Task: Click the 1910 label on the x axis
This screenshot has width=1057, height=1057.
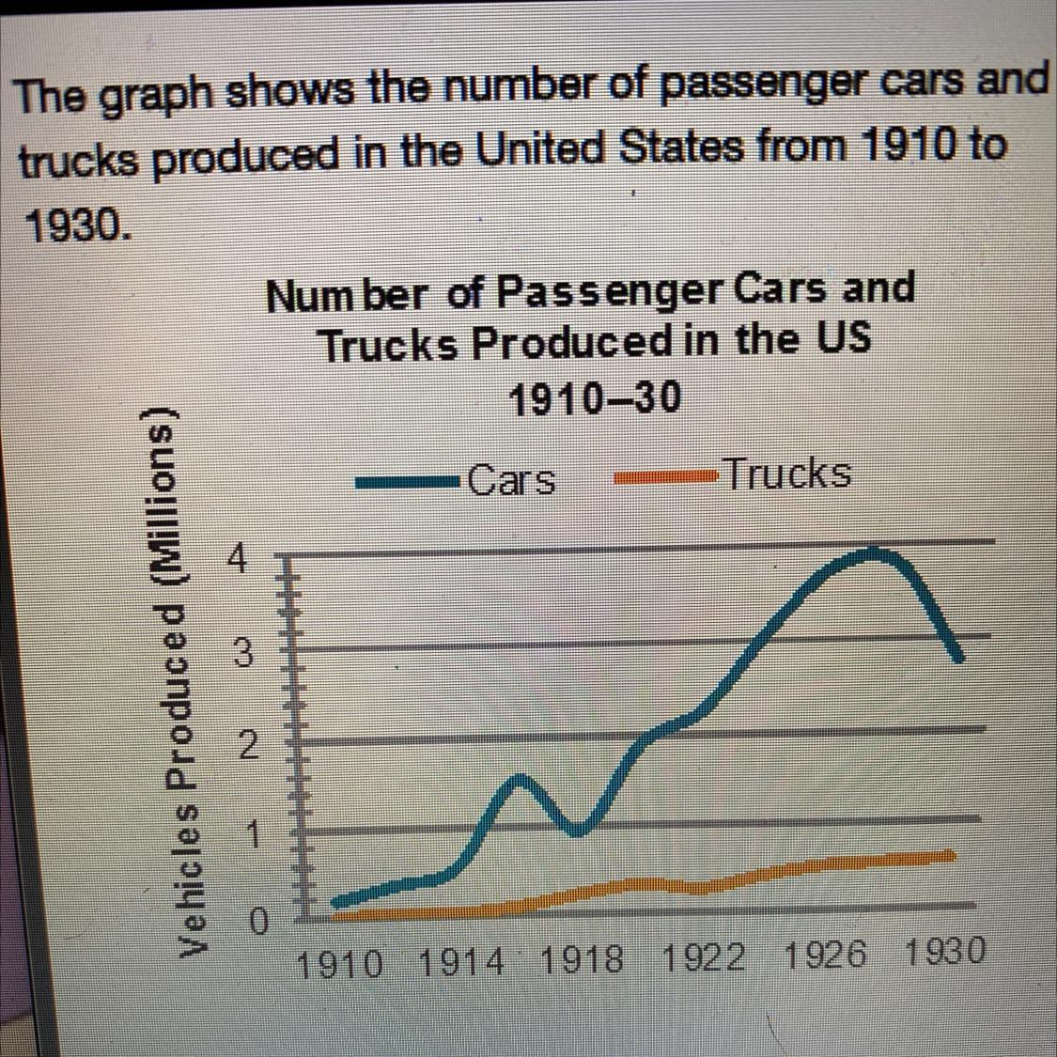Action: (x=339, y=964)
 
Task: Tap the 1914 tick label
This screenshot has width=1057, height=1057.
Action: (x=461, y=962)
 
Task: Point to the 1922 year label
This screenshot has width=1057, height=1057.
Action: (x=703, y=958)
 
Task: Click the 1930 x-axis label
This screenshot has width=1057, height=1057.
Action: (x=944, y=953)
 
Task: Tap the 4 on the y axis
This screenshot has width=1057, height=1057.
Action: (x=241, y=561)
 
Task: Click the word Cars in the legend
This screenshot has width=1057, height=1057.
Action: (x=512, y=481)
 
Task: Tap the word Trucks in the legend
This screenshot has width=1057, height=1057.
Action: (x=787, y=474)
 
